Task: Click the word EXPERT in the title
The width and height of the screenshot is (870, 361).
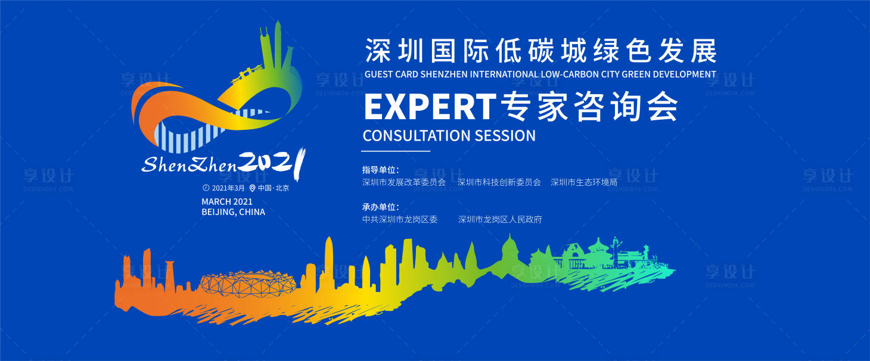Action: pos(429,107)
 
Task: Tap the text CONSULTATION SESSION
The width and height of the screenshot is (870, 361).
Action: pos(449,136)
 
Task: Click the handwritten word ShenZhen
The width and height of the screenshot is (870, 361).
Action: pos(189,164)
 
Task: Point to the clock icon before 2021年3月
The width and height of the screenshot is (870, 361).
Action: pos(206,188)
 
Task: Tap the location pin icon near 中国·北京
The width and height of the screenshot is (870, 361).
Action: pos(253,188)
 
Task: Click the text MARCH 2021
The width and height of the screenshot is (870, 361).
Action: pos(227,201)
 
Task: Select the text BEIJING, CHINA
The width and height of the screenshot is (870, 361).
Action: pos(234,212)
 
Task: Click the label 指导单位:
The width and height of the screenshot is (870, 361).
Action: pos(380,170)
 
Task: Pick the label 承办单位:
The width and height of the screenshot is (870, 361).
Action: pos(380,207)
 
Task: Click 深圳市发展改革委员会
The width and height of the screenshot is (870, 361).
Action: pos(404,182)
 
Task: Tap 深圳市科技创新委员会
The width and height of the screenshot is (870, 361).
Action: pos(499,182)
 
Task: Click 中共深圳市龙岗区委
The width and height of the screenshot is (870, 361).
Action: pos(400,219)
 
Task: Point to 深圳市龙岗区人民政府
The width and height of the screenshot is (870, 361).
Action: pos(500,219)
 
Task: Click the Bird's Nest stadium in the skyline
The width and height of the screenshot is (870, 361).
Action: pos(238,285)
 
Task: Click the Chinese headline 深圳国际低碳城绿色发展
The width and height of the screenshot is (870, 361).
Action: pos(540,52)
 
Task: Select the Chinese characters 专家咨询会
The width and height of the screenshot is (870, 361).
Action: pos(589,107)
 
